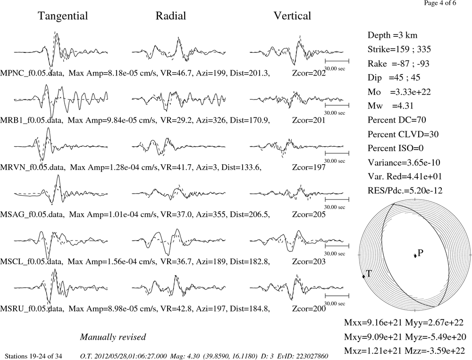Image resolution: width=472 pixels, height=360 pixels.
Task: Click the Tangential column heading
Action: pyautogui.click(x=63, y=16)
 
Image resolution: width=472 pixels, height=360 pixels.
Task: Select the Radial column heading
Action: pyautogui.click(x=171, y=16)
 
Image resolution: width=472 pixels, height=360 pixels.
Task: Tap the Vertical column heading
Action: pyautogui.click(x=292, y=16)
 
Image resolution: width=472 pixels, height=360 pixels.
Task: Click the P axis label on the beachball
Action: pyautogui.click(x=421, y=253)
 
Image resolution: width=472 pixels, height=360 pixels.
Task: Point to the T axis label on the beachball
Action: pyautogui.click(x=369, y=274)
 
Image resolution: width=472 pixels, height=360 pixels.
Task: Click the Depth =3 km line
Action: pyautogui.click(x=392, y=35)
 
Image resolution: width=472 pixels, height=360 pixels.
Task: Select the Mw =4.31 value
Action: pyautogui.click(x=390, y=106)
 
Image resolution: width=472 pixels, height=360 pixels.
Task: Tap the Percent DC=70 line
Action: pyautogui.click(x=397, y=120)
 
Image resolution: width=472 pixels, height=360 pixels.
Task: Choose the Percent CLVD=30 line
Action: pyautogui.click(x=403, y=134)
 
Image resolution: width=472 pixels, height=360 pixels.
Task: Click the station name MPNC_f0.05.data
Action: pyautogui.click(x=32, y=73)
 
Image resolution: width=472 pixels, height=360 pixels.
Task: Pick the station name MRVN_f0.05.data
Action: pyautogui.click(x=32, y=167)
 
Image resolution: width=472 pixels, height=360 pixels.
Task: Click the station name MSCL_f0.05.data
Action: pyautogui.click(x=32, y=261)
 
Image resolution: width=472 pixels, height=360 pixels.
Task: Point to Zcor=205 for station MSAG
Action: pyautogui.click(x=309, y=214)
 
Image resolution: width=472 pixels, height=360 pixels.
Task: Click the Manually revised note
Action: pyautogui.click(x=113, y=337)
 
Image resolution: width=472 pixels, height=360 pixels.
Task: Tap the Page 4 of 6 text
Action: pyautogui.click(x=440, y=3)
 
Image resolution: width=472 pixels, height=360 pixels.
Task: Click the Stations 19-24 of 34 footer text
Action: pyautogui.click(x=34, y=356)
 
